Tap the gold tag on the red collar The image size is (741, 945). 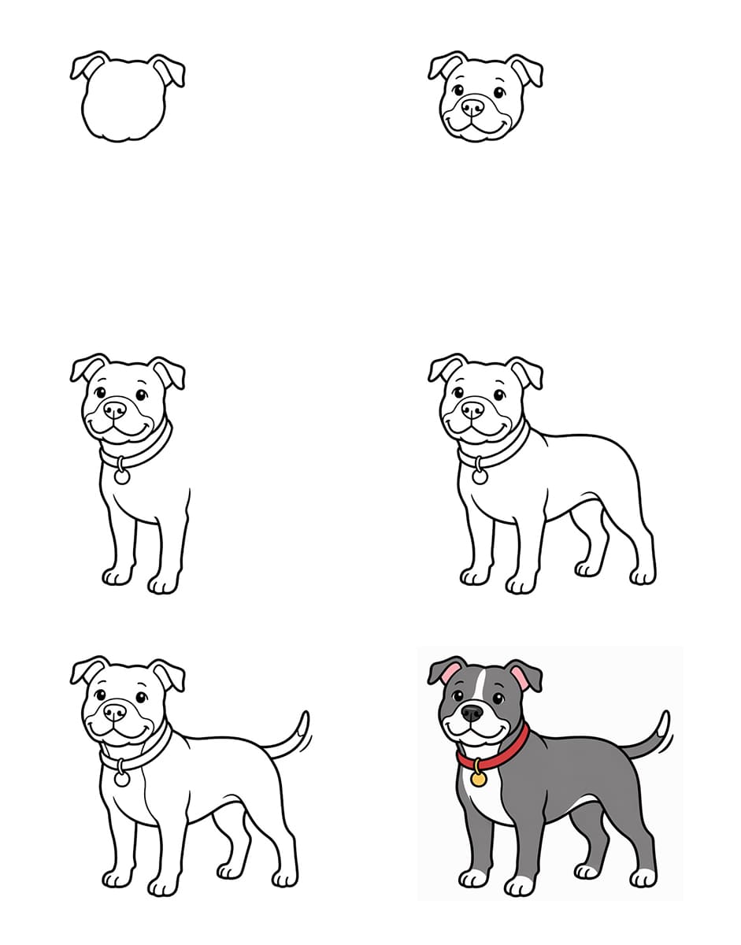(478, 779)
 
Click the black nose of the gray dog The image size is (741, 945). (472, 713)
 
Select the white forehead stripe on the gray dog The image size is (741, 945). (480, 685)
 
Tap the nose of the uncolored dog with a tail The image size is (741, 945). (115, 712)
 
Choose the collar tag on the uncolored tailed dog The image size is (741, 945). (122, 778)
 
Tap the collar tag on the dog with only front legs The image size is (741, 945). (122, 476)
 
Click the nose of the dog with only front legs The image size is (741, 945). (115, 409)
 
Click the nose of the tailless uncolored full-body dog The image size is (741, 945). (472, 409)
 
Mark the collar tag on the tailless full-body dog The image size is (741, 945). (480, 476)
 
